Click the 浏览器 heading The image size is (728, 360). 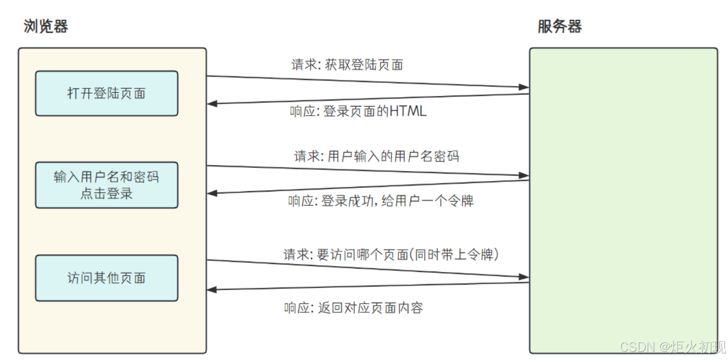[46, 27]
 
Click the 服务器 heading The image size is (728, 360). [559, 27]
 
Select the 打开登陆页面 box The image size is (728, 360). [107, 94]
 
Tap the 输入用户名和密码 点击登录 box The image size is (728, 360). [107, 185]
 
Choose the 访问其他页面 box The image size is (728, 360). [107, 278]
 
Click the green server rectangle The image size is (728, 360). [623, 201]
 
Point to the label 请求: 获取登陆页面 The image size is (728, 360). [347, 65]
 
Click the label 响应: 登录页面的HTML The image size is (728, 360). [358, 111]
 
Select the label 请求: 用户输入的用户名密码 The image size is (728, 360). [376, 156]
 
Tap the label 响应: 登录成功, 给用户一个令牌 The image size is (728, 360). [381, 202]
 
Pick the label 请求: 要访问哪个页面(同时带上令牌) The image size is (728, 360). [391, 255]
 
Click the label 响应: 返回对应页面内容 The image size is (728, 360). [353, 308]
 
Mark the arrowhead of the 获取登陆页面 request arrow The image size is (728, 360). [525, 87]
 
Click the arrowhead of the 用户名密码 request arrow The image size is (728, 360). [525, 176]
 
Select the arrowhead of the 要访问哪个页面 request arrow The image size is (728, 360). [525, 277]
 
